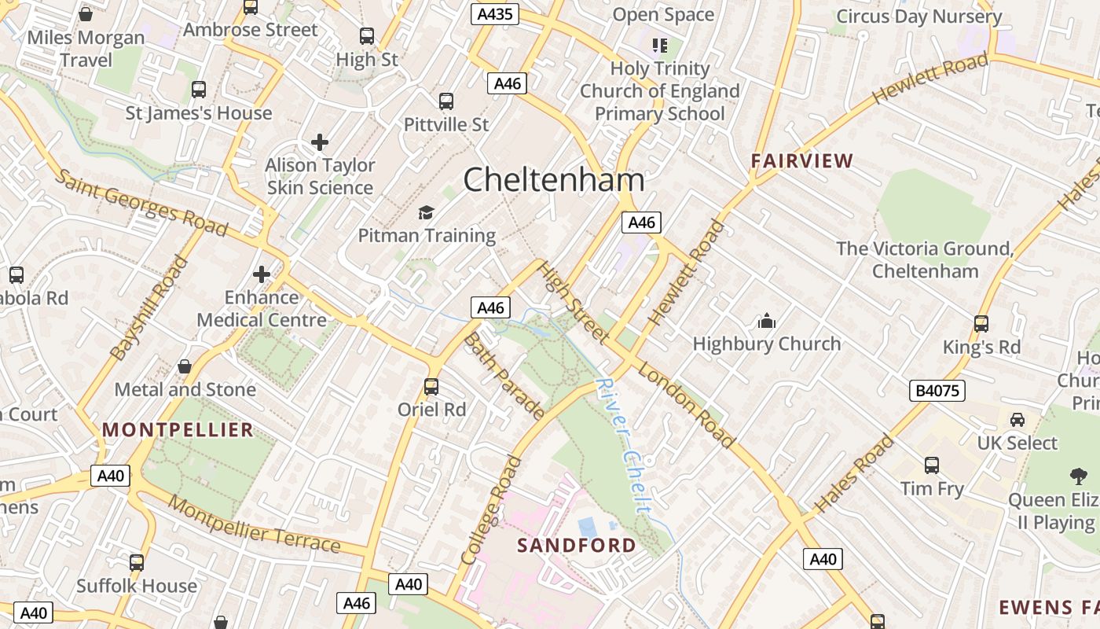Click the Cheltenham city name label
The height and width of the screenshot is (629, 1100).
coord(554,180)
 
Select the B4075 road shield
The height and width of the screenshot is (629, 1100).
coord(938,391)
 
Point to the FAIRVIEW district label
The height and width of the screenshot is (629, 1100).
coord(801,161)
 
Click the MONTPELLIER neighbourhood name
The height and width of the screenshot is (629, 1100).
coord(178,429)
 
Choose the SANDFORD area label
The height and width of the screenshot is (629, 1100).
coord(577,545)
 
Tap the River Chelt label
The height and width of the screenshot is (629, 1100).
coord(624,445)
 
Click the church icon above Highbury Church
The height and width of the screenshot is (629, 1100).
coord(766,321)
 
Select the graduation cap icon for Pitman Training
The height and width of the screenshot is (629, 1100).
coord(426,212)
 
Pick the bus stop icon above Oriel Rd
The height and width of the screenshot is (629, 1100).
coord(431,387)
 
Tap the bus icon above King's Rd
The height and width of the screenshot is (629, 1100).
coord(981,324)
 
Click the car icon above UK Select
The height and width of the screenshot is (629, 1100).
coord(1017,420)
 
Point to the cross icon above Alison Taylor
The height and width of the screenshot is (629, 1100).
coord(320,142)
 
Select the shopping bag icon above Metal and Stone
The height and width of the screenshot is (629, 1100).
coord(185,366)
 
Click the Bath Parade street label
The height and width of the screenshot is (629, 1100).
coord(504,375)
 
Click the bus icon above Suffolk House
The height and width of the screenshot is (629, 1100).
coord(137,563)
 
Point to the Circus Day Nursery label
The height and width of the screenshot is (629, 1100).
coord(918,16)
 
